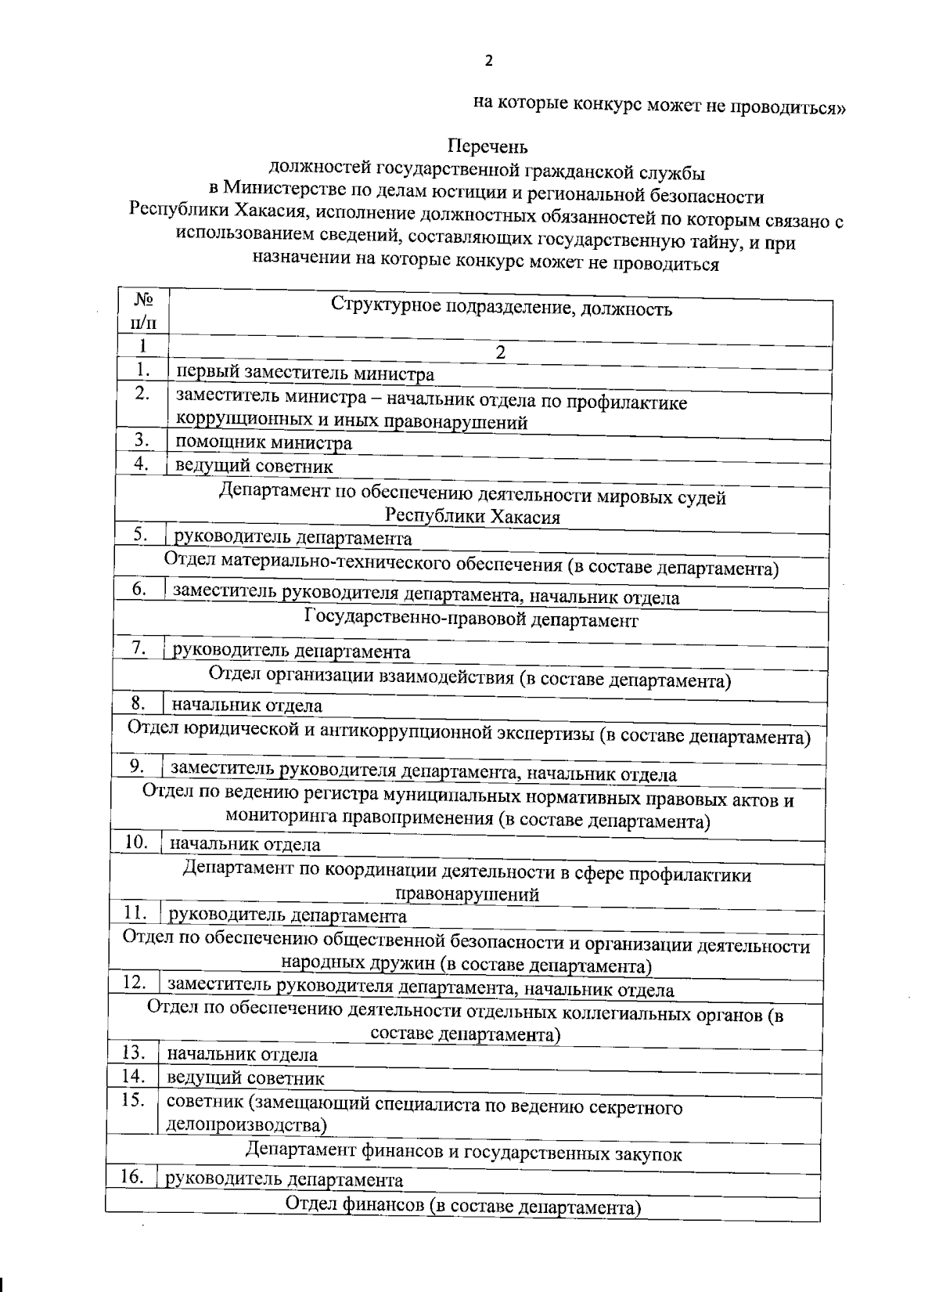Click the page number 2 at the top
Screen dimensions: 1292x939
(x=489, y=61)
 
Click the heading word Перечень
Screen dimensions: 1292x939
(x=487, y=146)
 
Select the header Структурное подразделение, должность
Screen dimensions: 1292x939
(x=501, y=308)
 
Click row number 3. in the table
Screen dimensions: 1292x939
(x=142, y=440)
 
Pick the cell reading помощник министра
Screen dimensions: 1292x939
(x=263, y=443)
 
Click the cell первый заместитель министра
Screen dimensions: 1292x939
(x=304, y=374)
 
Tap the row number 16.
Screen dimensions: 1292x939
(x=131, y=1176)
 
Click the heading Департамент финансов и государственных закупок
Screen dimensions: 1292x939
(x=463, y=1153)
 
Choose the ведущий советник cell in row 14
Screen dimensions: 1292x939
(x=246, y=1078)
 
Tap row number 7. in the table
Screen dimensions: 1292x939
(x=140, y=648)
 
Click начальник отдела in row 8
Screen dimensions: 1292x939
(x=246, y=706)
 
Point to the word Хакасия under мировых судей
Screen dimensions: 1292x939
(x=516, y=517)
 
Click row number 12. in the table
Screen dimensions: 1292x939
(x=135, y=981)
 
